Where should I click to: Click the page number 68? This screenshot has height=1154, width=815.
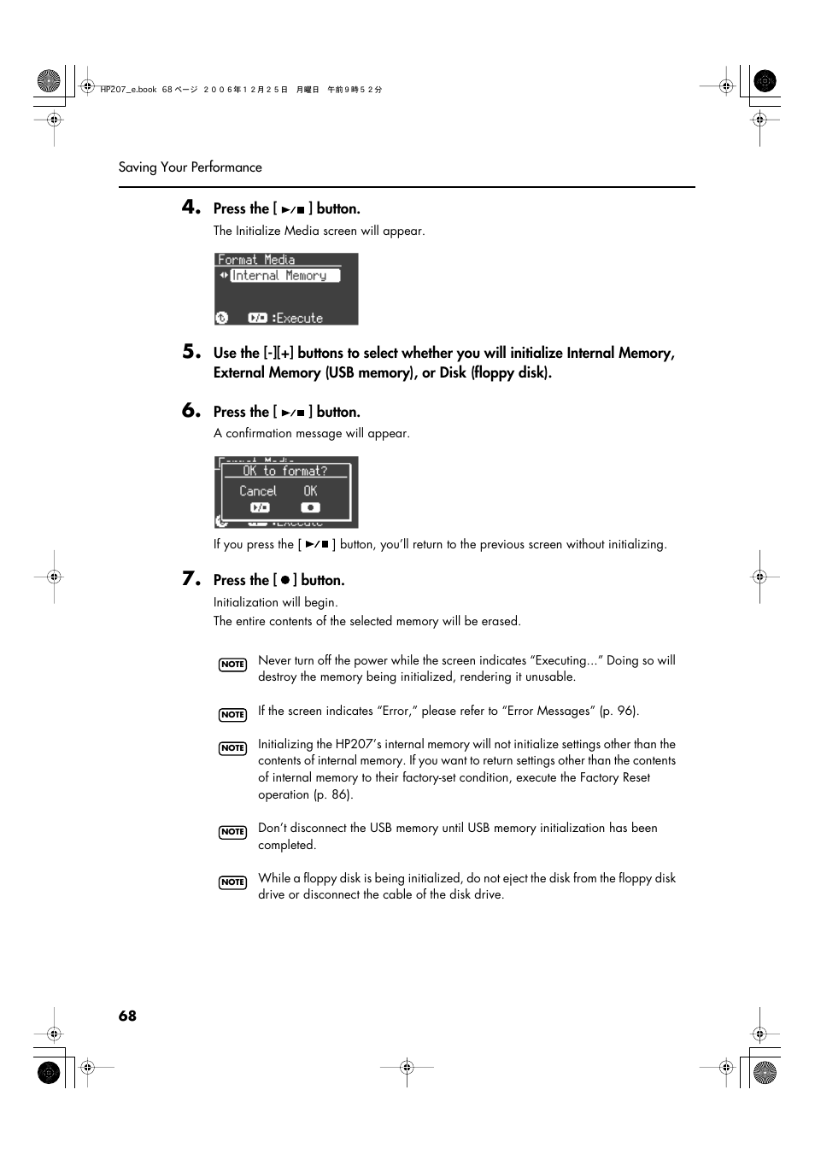click(x=127, y=1016)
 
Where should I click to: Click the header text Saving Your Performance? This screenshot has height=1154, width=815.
click(x=190, y=167)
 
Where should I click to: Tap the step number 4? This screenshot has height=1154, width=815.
click(x=191, y=207)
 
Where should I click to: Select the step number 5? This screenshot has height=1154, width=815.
click(x=191, y=351)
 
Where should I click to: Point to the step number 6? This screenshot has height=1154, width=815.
click(x=191, y=410)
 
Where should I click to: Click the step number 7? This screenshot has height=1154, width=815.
click(x=191, y=578)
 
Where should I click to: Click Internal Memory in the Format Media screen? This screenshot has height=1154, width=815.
click(x=279, y=276)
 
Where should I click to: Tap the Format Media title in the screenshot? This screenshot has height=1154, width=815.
click(x=256, y=260)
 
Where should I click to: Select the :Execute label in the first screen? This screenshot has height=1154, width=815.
click(x=297, y=318)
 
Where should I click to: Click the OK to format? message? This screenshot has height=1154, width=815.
click(x=284, y=471)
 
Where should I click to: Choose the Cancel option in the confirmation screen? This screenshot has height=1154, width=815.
click(x=257, y=491)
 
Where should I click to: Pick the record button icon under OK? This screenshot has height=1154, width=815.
click(x=310, y=507)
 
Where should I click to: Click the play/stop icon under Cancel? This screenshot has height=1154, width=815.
click(x=260, y=507)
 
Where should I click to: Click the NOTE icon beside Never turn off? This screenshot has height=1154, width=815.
click(x=232, y=665)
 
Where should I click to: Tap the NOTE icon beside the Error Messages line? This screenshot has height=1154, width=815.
click(x=232, y=715)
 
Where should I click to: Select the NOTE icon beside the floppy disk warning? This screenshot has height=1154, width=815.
click(x=232, y=882)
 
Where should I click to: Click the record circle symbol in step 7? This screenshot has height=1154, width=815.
click(x=285, y=580)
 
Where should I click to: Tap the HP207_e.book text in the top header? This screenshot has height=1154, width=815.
click(x=128, y=89)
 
